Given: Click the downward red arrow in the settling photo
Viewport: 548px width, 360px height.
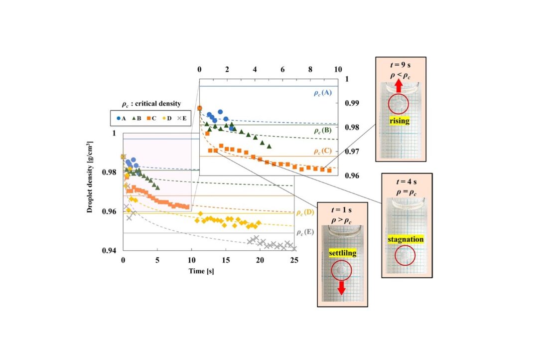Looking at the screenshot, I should click(x=342, y=288).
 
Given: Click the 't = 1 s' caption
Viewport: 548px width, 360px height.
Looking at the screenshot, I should click(x=342, y=210).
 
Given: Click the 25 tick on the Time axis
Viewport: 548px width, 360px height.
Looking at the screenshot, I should click(x=294, y=260).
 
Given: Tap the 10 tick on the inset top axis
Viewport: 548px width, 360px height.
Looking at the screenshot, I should click(x=338, y=69).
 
